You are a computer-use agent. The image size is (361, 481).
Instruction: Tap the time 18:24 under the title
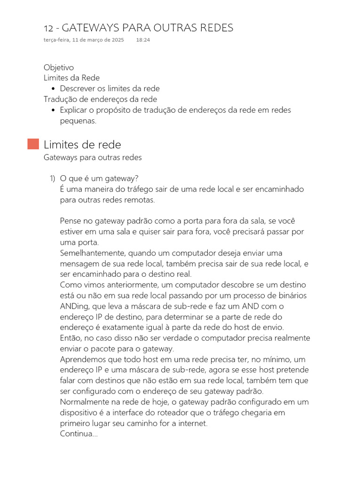pyautogui.click(x=143, y=40)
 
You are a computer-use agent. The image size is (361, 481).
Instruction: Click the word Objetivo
pyautogui.click(x=59, y=67)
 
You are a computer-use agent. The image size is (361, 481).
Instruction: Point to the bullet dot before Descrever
pyautogui.click(x=54, y=89)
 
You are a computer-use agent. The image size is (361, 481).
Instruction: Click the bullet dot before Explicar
pyautogui.click(x=54, y=110)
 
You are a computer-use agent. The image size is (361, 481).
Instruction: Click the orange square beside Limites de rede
pyautogui.click(x=33, y=144)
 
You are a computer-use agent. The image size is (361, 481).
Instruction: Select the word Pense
pyautogui.click(x=71, y=221)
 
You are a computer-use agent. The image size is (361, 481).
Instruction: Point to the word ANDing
pyautogui.click(x=73, y=306)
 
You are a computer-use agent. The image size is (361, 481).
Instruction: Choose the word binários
pyautogui.click(x=292, y=295)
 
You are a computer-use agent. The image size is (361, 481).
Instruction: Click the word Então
pyautogui.click(x=70, y=338)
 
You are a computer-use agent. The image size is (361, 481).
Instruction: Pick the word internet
pyautogui.click(x=191, y=423)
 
